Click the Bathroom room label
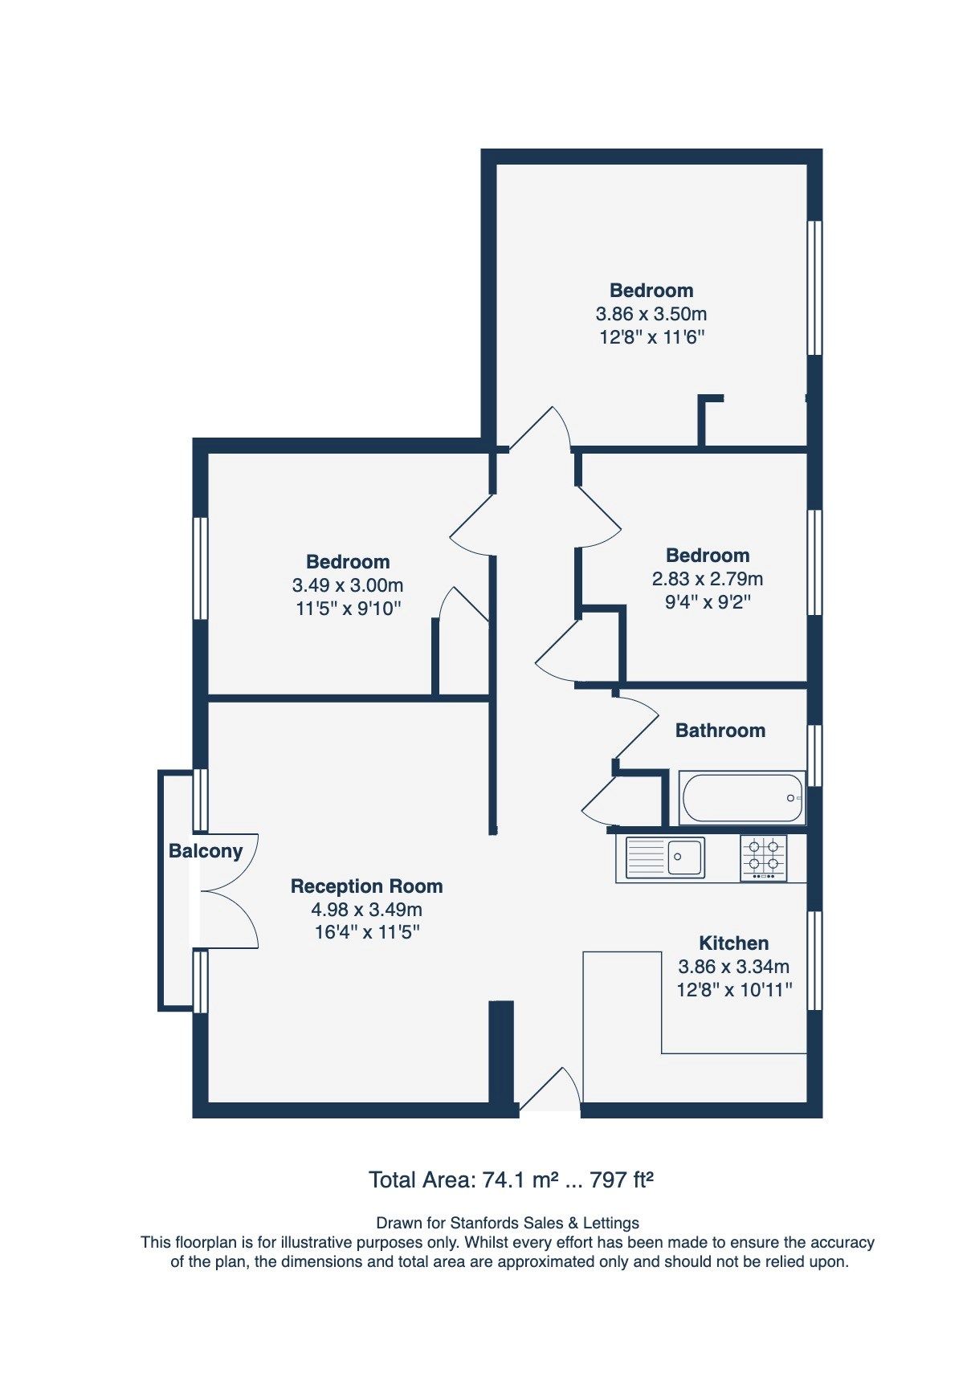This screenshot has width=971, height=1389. pos(720,730)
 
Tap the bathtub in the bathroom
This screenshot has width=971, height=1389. pos(741,797)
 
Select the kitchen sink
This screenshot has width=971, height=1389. pos(665,857)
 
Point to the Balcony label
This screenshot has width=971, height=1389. pos(205,851)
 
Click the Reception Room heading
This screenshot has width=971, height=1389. pos(366,886)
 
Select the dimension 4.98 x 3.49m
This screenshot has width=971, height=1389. pos(366,910)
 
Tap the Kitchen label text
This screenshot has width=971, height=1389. pos(733,943)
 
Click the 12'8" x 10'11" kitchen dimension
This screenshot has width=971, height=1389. pos(734,990)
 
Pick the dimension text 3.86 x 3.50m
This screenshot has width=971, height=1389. pos(651,314)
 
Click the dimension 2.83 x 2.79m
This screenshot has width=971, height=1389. pos(707,579)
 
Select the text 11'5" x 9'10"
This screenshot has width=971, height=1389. pos(348,609)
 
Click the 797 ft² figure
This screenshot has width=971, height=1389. pos(622,1180)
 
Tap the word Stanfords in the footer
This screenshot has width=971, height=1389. pos(484,1223)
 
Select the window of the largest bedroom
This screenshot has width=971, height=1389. pos(814,287)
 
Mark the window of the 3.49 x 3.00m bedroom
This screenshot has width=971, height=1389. pos(201,568)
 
